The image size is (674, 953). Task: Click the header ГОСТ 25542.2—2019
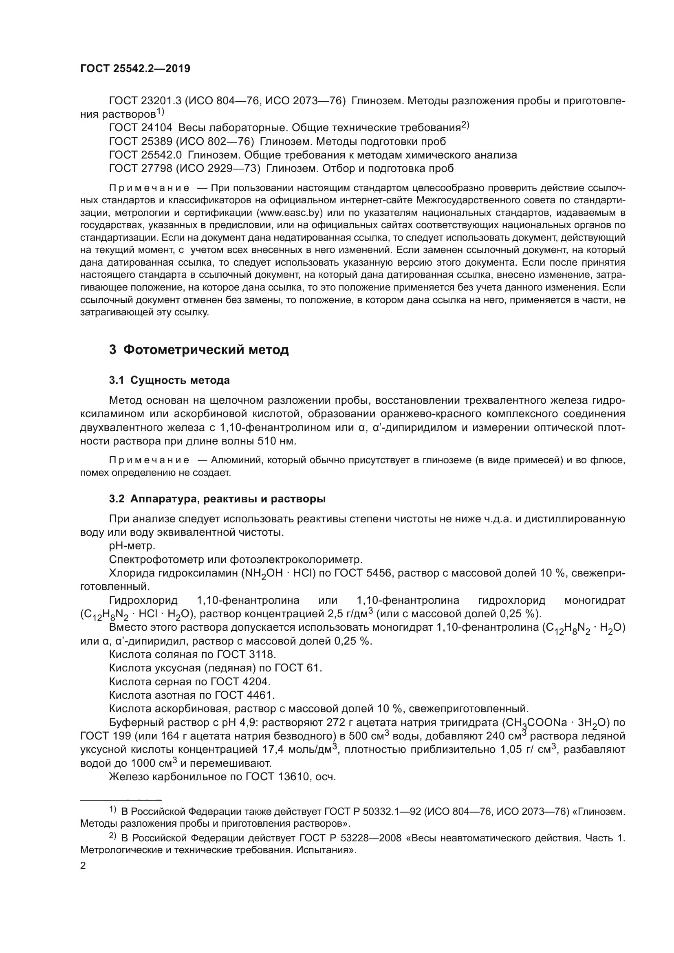135,69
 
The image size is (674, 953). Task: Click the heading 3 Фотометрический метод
199,350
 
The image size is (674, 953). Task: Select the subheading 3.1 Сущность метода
170,380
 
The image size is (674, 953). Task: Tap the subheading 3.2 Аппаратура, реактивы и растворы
217,499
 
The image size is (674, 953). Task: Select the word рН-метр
132,546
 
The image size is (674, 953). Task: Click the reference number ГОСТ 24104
140,128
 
